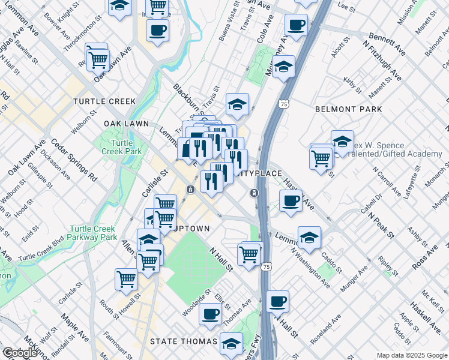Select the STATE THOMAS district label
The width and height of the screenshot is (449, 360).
pos(184,341)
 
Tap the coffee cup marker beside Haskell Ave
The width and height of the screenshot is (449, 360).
pos(291,201)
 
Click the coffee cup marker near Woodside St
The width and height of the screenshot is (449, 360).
pos(210,313)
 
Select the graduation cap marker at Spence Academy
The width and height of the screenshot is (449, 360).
pos(342,142)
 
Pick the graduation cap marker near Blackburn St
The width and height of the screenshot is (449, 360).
pos(237,104)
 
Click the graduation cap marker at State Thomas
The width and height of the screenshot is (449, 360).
pos(231,344)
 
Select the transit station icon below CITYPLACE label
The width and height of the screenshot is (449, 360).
pos(255,193)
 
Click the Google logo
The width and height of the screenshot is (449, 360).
pos(20,353)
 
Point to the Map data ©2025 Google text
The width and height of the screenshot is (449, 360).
pos(412,355)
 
